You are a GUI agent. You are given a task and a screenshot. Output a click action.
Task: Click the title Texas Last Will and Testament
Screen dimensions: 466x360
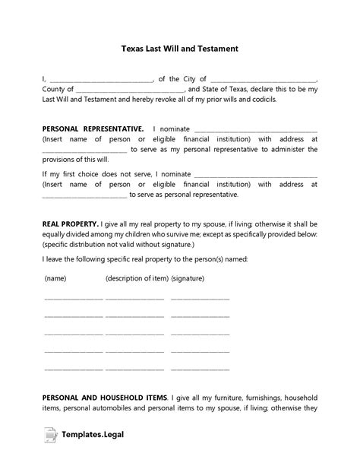[x=179, y=48]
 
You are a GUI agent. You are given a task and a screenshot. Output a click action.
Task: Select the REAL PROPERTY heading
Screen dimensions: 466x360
[x=69, y=225]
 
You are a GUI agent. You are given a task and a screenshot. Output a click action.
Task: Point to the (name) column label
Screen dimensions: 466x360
[x=55, y=279]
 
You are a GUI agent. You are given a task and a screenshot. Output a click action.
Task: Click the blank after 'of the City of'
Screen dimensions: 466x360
[x=263, y=78]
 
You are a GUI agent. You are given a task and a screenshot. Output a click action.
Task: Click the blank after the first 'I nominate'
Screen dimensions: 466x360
[x=255, y=129]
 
